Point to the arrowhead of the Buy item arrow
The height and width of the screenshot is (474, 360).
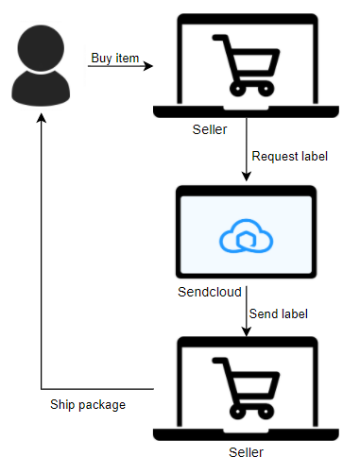[x=149, y=67]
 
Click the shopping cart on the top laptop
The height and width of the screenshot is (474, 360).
[x=246, y=64]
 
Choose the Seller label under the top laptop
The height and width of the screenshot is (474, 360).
[x=209, y=129]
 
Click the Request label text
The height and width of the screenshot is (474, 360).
[x=290, y=156]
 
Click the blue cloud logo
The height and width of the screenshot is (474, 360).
[x=246, y=235]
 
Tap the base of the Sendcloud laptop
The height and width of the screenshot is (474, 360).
[x=246, y=277]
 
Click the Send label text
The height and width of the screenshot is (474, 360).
[x=281, y=313]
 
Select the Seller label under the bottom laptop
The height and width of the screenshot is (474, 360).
[x=249, y=452]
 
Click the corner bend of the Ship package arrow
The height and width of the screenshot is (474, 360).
[x=41, y=388]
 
